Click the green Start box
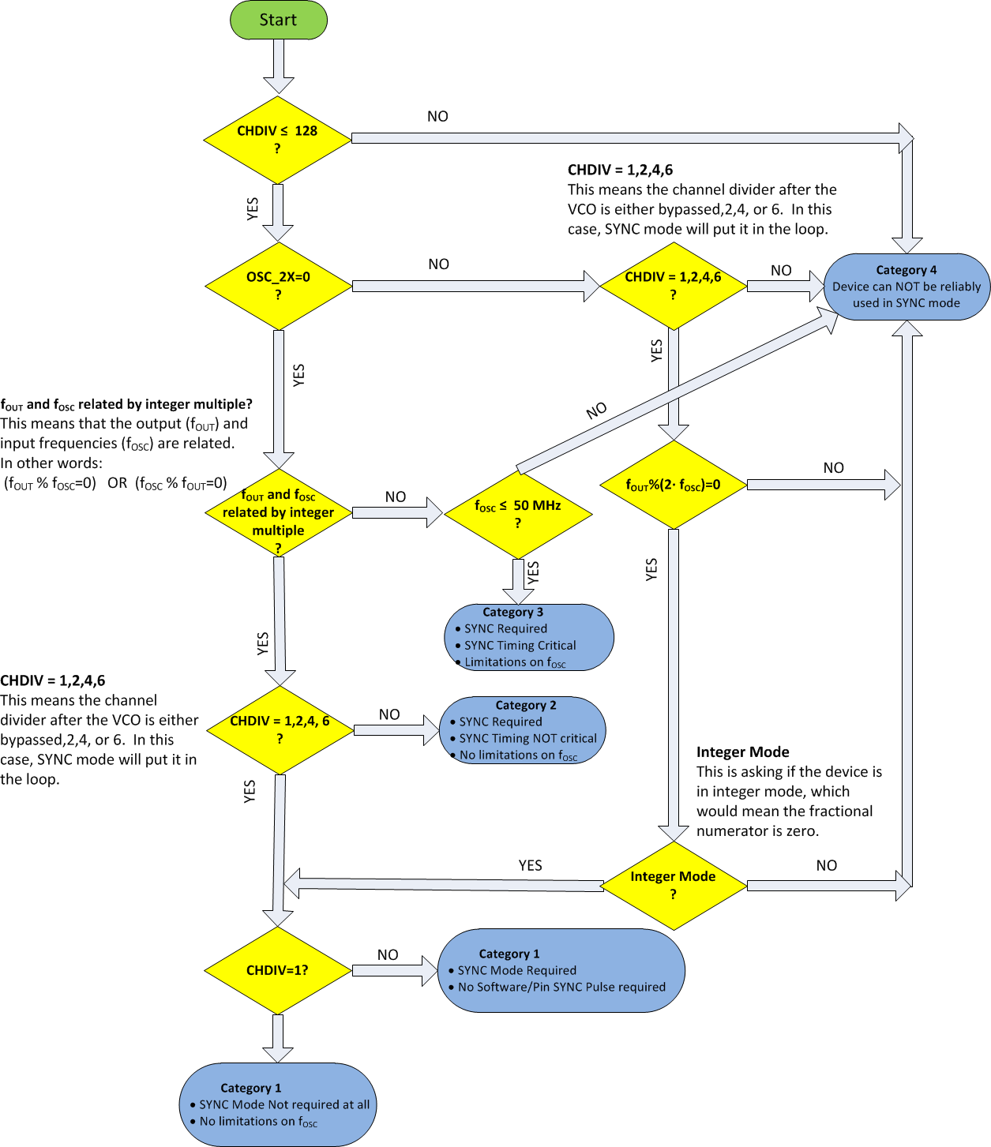tap(278, 21)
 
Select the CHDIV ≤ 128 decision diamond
tap(277, 139)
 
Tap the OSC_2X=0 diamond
tap(278, 286)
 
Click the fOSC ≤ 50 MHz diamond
tap(518, 514)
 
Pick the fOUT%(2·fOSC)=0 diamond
tap(673, 485)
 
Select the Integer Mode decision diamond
tap(673, 885)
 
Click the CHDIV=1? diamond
tap(277, 970)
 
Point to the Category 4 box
tap(907, 287)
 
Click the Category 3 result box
tap(529, 637)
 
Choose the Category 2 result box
tap(523, 730)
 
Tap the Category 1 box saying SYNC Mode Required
tap(561, 970)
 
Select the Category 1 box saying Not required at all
tap(278, 1104)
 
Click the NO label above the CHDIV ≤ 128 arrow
tap(437, 117)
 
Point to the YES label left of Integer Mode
tap(530, 866)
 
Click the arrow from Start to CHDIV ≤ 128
tap(278, 66)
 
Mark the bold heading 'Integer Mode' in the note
tap(742, 752)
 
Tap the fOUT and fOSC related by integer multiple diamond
tap(278, 514)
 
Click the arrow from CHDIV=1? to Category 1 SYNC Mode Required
tap(393, 971)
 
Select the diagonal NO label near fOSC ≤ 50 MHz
tap(597, 410)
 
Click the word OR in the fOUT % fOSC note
tap(117, 483)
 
